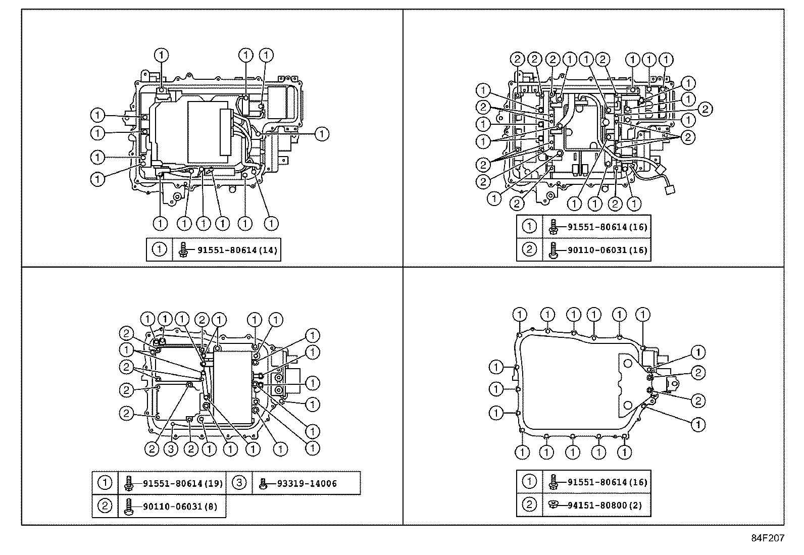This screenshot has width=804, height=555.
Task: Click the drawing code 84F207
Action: pyautogui.click(x=768, y=538)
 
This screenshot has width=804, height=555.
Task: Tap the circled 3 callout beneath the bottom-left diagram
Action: pyautogui.click(x=172, y=449)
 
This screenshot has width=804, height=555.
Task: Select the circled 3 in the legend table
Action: pyautogui.click(x=240, y=483)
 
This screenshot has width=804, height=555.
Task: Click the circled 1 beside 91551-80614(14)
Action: pyautogui.click(x=159, y=249)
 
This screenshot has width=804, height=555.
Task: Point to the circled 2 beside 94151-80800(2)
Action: pyautogui.click(x=529, y=505)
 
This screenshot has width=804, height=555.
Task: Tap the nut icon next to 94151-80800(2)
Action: pyautogui.click(x=554, y=504)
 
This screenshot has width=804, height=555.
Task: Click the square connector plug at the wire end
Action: pyautogui.click(x=671, y=190)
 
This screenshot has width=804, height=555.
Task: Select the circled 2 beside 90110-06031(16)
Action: pyautogui.click(x=529, y=250)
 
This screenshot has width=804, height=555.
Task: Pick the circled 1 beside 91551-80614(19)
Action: pyautogui.click(x=105, y=483)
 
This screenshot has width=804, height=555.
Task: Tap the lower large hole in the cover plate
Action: pyautogui.click(x=627, y=405)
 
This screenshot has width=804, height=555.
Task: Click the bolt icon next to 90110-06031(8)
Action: pyautogui.click(x=129, y=506)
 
